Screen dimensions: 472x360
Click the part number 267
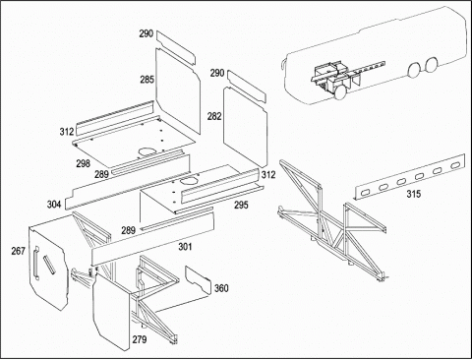[19, 251]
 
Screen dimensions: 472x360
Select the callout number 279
[140, 339]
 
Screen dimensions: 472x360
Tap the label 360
[221, 288]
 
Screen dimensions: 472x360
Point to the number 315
[414, 194]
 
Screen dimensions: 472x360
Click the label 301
[185, 247]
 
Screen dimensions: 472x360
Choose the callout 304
[54, 205]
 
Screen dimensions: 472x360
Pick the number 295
[241, 206]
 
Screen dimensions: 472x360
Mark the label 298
[84, 163]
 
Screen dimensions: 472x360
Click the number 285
[147, 80]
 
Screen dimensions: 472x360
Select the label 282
[214, 116]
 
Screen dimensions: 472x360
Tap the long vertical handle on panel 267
[35, 263]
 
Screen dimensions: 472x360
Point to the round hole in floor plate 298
[147, 151]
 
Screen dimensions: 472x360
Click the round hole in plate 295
[189, 180]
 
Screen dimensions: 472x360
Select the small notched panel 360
[198, 280]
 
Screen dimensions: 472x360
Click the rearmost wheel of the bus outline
[432, 65]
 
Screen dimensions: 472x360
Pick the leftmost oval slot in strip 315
[365, 194]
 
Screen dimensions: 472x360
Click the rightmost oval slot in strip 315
[454, 165]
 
